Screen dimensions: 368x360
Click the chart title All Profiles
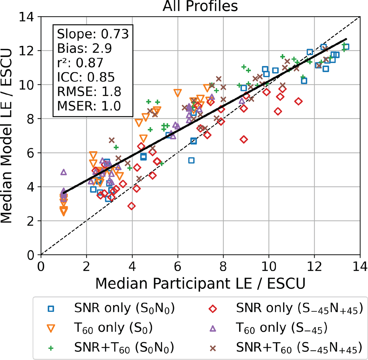tap(200, 6)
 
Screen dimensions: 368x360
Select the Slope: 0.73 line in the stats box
tap(93, 34)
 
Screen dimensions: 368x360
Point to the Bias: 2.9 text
tap(84, 48)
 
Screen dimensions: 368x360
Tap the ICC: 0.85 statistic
tap(86, 77)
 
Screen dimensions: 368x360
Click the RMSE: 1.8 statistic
tap(89, 92)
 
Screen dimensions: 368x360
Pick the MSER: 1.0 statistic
tap(89, 106)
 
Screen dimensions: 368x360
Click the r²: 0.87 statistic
tap(80, 63)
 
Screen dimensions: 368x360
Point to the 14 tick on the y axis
tap(27, 17)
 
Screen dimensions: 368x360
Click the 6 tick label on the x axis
tap(178, 267)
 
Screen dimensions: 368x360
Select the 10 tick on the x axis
tap(269, 267)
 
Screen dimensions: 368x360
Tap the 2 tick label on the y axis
tap(31, 221)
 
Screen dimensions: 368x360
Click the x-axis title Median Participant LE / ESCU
tap(200, 284)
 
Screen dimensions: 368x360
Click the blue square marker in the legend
tap(51, 309)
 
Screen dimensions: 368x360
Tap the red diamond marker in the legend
tap(213, 309)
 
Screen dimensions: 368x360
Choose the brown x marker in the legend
tap(213, 349)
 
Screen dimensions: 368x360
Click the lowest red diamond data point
tap(132, 206)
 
